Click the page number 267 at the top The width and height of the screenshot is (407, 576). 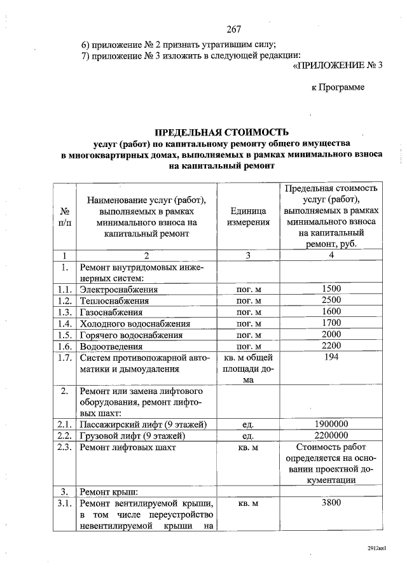click(234, 29)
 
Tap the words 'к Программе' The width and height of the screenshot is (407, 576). click(338, 87)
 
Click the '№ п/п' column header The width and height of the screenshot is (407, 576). click(64, 216)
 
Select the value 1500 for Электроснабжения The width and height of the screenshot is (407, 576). click(331, 289)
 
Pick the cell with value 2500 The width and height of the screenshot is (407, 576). click(331, 300)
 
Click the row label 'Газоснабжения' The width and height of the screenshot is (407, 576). click(111, 313)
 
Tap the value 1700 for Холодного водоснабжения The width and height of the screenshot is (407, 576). click(331, 323)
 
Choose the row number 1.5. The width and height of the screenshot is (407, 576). click(64, 335)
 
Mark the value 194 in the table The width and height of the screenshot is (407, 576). click(331, 358)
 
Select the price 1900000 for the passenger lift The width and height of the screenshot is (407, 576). click(331, 424)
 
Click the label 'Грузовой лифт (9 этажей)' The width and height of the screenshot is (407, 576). click(132, 436)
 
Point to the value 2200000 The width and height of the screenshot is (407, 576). click(331, 436)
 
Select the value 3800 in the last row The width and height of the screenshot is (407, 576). click(331, 503)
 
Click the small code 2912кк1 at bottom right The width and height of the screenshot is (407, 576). click(377, 547)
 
